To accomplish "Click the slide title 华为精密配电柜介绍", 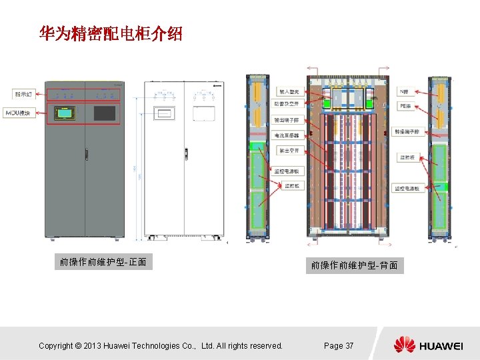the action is click(x=111, y=34).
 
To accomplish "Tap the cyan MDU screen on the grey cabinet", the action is click(x=65, y=113).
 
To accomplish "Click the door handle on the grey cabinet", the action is click(x=85, y=154).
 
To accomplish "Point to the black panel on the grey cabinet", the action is click(x=105, y=113).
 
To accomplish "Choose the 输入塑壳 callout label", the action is click(x=290, y=91).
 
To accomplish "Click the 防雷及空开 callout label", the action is click(x=291, y=105).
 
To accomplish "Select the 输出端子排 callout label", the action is click(x=291, y=120).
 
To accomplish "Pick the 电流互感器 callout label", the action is click(x=291, y=135).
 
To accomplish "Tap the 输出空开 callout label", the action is click(x=290, y=150).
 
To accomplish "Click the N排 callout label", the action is click(x=404, y=91).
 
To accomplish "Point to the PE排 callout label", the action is click(x=404, y=105).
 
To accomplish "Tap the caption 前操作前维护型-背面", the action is click(x=355, y=265).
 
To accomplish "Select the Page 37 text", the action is click(x=338, y=345).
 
